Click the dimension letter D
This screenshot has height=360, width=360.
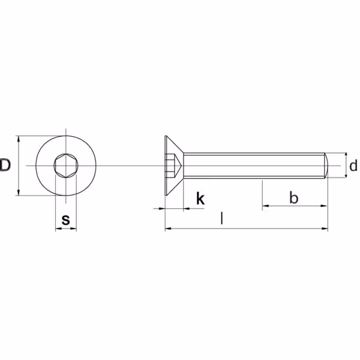pos(5,165)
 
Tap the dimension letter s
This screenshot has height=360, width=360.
pos(65,220)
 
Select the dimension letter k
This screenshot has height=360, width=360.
pos(200,199)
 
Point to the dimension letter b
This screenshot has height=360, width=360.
pos(293,197)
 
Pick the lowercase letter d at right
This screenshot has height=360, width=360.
pos(353,166)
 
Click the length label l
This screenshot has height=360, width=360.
pos(221,218)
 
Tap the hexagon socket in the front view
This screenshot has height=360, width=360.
pos(66,166)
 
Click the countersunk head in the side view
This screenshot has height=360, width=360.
pos(174,166)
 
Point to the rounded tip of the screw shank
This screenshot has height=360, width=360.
pos(326,166)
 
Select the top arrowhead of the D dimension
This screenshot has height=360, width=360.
pos(19,139)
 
